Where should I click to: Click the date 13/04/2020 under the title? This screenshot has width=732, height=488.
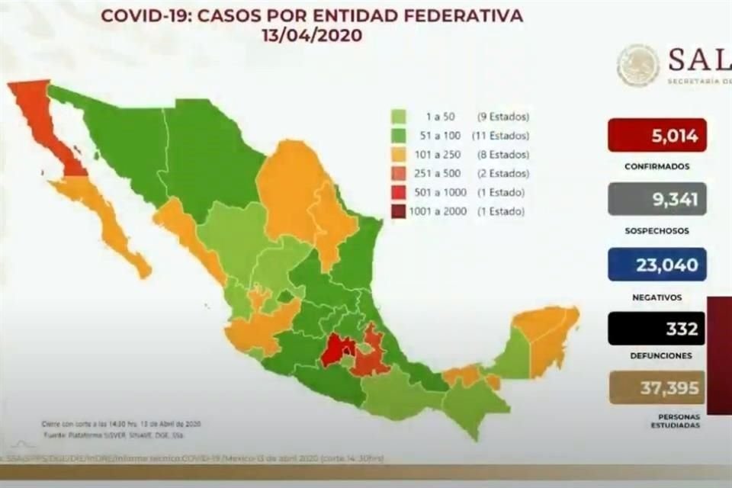point(312,35)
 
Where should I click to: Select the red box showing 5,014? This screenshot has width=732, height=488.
point(657,136)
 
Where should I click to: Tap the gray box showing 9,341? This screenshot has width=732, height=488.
point(657,200)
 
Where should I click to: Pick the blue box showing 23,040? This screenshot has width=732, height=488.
point(657,265)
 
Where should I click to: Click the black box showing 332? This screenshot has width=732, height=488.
point(657,329)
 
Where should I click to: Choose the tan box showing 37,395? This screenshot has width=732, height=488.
point(657,388)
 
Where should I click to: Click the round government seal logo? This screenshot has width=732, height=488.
point(637,66)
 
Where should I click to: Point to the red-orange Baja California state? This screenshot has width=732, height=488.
point(46,122)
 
